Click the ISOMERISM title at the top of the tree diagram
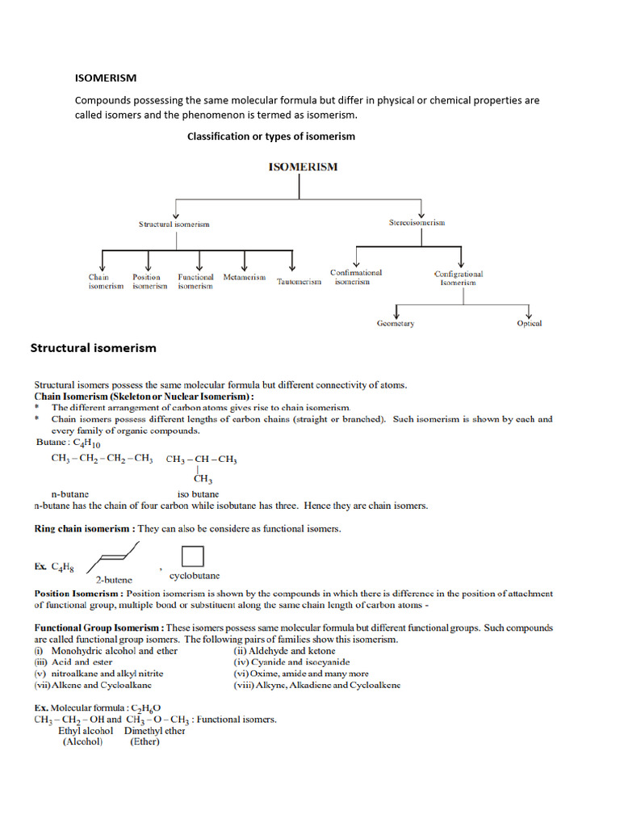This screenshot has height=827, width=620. tap(303, 167)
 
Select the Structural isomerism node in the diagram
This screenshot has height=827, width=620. tap(174, 224)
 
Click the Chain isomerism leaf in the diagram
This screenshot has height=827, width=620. tap(106, 281)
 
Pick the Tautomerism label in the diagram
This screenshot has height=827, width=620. tap(299, 282)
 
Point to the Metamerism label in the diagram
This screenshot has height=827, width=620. tap(244, 277)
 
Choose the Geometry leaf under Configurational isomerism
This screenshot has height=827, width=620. tap(396, 324)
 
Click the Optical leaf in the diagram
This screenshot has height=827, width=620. tap(530, 324)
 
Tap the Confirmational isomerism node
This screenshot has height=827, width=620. tap(355, 277)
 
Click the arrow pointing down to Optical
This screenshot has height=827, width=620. tap(529, 312)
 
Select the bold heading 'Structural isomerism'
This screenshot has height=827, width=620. tap(93, 348)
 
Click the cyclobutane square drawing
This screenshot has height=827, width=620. tap(192, 557)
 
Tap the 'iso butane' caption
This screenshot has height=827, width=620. tap(198, 493)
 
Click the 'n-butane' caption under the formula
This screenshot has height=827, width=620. tap(69, 493)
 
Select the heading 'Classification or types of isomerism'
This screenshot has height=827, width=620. tap(270, 136)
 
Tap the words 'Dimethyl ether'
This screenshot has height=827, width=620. tap(154, 731)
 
